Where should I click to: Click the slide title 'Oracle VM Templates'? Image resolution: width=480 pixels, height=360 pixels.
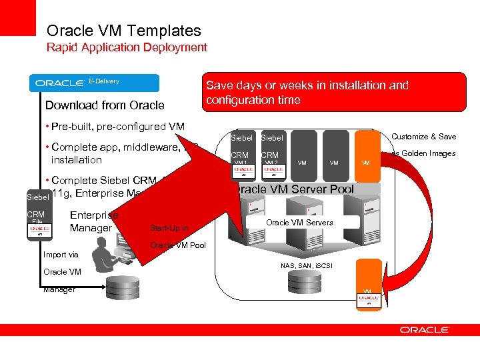point(123,31)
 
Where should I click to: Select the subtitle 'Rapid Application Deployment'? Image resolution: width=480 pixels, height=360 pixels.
point(127,47)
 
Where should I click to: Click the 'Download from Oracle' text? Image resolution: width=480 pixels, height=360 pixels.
point(105,105)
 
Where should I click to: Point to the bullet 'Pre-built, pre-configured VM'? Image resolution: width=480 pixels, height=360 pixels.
point(115,127)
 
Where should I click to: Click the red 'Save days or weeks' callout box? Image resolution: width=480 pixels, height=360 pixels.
point(333,92)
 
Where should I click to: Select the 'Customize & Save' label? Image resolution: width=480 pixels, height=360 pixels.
point(423,137)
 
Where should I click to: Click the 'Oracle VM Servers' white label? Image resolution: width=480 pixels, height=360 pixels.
point(300,222)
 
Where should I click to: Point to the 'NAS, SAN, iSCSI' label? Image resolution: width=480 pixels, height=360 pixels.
point(307,265)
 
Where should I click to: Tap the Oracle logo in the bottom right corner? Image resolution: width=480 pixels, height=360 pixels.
point(424,329)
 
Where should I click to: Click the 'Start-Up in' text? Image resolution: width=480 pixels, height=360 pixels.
point(169,228)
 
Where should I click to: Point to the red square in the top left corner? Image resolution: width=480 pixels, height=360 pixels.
point(17,17)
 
